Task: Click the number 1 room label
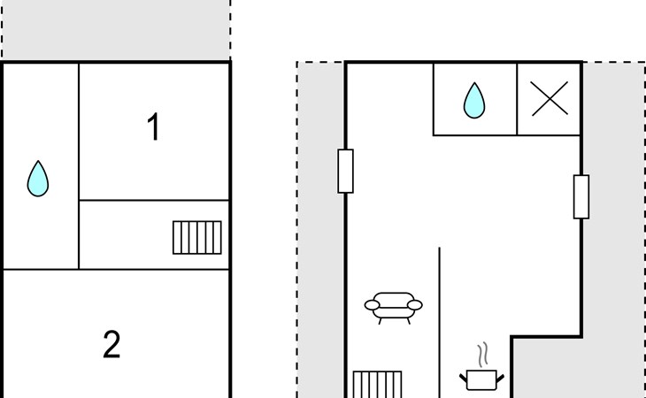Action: [x=153, y=127]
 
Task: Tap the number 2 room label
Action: [x=111, y=344]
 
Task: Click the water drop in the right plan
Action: [x=474, y=101]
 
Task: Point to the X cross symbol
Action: [x=550, y=98]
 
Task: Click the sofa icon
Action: [x=393, y=306]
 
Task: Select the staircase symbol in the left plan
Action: [x=196, y=237]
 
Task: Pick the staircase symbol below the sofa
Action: [x=377, y=385]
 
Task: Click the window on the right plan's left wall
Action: [x=345, y=171]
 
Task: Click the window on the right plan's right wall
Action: [x=581, y=196]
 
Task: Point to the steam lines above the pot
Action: [x=482, y=356]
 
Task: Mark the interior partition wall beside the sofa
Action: [x=440, y=318]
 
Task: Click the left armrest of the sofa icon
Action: [x=371, y=306]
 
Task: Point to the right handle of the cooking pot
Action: [x=501, y=379]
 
